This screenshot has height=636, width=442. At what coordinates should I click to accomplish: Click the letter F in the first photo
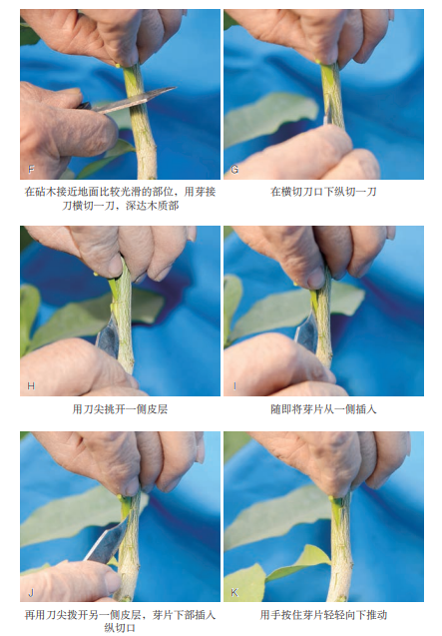click(31, 169)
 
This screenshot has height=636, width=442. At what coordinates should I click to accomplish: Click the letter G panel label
click(234, 169)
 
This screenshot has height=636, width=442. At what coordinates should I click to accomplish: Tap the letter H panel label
click(31, 385)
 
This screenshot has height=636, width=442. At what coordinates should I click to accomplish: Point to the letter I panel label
click(234, 385)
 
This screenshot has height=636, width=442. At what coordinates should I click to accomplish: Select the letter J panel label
click(31, 593)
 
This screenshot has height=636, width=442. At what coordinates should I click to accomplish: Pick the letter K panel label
click(234, 593)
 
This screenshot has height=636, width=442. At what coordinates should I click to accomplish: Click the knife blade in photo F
click(134, 100)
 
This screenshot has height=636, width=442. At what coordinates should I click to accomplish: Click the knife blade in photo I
click(307, 331)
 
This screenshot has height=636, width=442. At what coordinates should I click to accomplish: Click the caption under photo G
click(323, 192)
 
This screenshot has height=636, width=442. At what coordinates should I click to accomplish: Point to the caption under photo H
click(120, 409)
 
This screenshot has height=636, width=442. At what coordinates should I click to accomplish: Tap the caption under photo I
click(323, 409)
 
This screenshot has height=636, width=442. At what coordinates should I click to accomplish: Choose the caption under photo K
click(323, 615)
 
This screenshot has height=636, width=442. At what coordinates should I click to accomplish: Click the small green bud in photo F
click(118, 65)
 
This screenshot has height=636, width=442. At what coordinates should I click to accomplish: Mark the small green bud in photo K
click(331, 497)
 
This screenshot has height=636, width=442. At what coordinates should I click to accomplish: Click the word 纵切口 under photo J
click(120, 628)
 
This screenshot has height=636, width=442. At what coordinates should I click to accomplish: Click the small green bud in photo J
click(119, 496)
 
